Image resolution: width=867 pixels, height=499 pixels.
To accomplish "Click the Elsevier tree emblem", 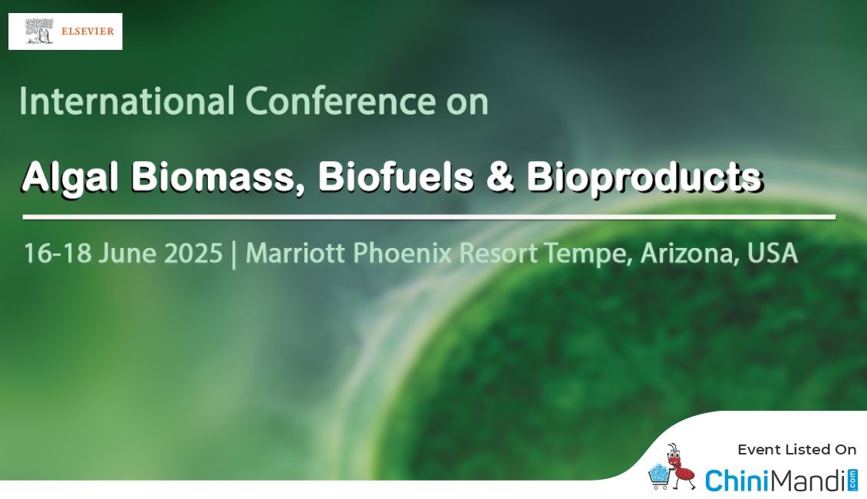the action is pos(40,31).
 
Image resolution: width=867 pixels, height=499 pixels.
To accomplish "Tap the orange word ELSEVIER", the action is pos(87,31).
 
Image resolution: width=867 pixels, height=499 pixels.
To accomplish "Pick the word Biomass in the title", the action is pos(217,177).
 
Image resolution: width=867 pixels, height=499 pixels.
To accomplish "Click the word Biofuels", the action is pos(396,177).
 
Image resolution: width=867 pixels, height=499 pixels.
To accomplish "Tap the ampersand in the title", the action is pos(500,177).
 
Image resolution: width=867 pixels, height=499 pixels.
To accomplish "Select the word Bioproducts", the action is pos(644,178).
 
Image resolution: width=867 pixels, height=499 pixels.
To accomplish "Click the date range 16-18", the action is pos(58,253).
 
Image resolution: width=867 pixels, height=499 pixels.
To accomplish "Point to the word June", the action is pos(127,253).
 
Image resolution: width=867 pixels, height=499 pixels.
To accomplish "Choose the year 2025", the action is pos(193,253).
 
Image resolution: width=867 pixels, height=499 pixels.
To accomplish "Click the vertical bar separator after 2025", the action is pos(234,254).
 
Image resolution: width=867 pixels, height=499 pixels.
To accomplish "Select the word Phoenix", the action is pos(403,253).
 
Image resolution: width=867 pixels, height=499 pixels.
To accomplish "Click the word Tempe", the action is pos(588,254).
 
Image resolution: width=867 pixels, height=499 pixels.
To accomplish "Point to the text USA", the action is pos(773,253).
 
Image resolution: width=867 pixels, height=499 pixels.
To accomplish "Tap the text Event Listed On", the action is pos(796,450).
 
